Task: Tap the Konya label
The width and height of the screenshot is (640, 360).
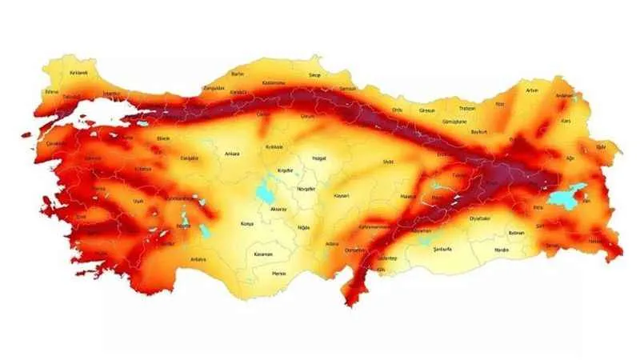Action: point(247,224)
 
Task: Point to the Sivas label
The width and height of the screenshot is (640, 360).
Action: point(389,162)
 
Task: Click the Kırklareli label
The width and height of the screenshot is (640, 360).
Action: point(78,73)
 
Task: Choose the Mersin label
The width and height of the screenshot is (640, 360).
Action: point(278,273)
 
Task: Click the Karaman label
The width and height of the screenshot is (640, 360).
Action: point(263,254)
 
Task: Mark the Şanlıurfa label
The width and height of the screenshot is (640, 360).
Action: point(442,250)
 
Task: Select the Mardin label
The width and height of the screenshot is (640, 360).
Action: point(502,250)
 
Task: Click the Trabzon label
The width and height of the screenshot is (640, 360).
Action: point(467,108)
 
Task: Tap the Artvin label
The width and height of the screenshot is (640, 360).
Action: point(532,90)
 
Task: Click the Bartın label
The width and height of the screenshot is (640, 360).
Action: point(237,74)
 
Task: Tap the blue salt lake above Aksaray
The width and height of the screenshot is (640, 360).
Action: point(263,192)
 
